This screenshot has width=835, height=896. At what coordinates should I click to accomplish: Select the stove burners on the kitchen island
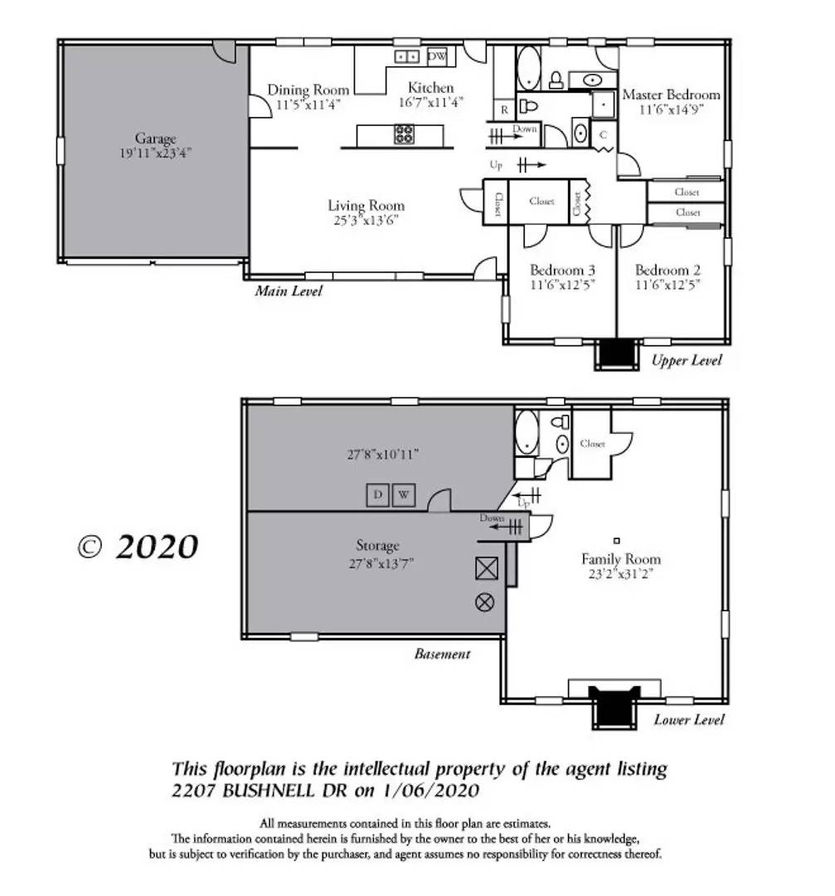pos(405,134)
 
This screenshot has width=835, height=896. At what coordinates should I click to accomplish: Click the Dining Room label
pos(308,90)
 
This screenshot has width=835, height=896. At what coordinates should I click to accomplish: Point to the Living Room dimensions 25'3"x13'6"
pos(366,221)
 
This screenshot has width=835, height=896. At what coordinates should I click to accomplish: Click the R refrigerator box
pos(504,110)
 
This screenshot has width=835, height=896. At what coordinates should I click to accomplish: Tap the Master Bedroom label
pos(671,95)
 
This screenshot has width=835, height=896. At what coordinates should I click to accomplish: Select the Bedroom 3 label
pos(562,270)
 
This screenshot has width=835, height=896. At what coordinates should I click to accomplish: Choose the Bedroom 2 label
pos(668,270)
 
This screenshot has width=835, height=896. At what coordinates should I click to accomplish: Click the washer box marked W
pos(404,495)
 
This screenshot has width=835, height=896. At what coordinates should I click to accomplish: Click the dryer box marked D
pos(378,495)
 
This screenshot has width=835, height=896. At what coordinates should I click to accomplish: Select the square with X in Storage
pos(484,568)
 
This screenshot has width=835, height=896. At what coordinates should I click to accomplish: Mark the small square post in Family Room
pos(616,540)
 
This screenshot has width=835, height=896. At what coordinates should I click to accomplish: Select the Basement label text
pos(442,654)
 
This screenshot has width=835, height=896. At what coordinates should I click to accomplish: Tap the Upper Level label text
pos(687,360)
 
